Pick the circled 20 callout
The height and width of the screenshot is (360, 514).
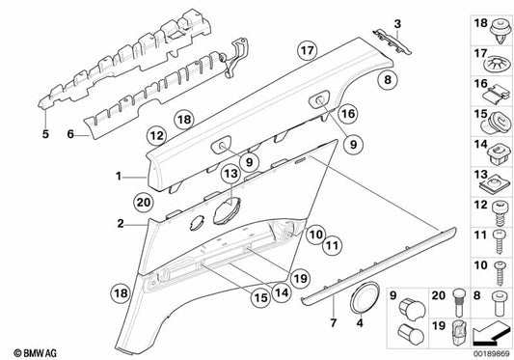[x=144, y=203]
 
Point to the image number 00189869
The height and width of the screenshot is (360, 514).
[x=488, y=348]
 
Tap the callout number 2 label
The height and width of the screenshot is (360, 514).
[x=121, y=224]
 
